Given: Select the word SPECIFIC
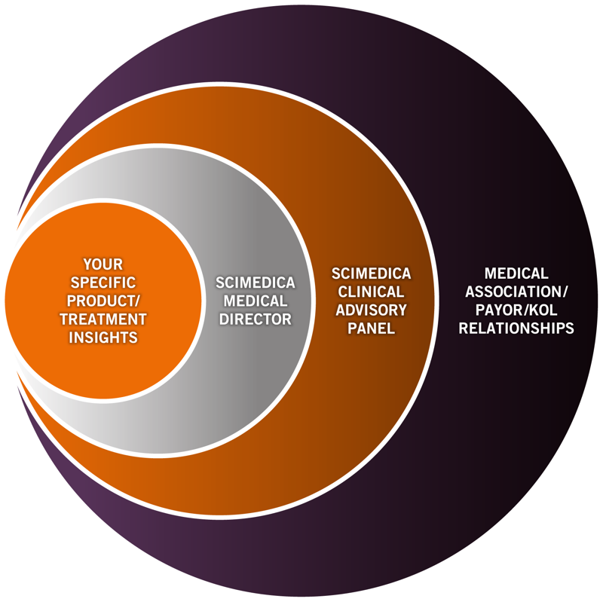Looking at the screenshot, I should click(x=103, y=283).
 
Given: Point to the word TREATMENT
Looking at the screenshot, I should click(x=103, y=319).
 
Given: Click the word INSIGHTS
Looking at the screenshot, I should click(x=103, y=338).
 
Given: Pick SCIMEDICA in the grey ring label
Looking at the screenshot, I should click(x=255, y=283).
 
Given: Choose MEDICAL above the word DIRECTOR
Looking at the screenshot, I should click(x=255, y=301).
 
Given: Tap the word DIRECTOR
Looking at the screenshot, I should click(x=256, y=319).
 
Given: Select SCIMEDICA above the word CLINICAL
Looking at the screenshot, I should click(x=372, y=273).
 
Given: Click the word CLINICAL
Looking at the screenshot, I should click(x=372, y=292).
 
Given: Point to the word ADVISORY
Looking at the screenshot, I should click(x=372, y=310).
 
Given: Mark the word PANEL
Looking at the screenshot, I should click(x=372, y=329).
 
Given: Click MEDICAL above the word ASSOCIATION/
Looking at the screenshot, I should click(x=516, y=273).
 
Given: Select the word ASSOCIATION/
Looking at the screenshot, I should click(x=516, y=292).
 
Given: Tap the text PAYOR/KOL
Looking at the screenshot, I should click(x=516, y=310).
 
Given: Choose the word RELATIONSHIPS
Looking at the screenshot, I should click(x=516, y=329).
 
